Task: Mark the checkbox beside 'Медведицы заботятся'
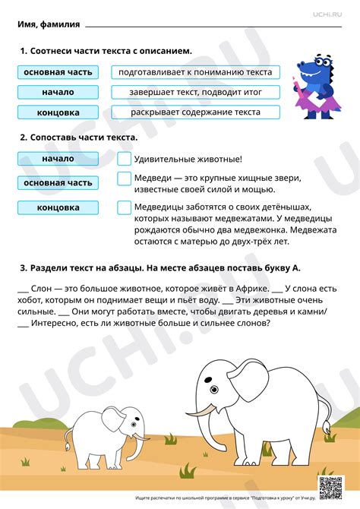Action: coord(124,207)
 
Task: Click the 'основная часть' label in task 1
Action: coord(58,72)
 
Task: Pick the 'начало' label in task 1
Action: coord(58,92)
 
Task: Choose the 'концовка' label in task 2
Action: coord(58,207)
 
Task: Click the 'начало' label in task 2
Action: coord(58,159)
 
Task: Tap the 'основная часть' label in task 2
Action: coord(58,182)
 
